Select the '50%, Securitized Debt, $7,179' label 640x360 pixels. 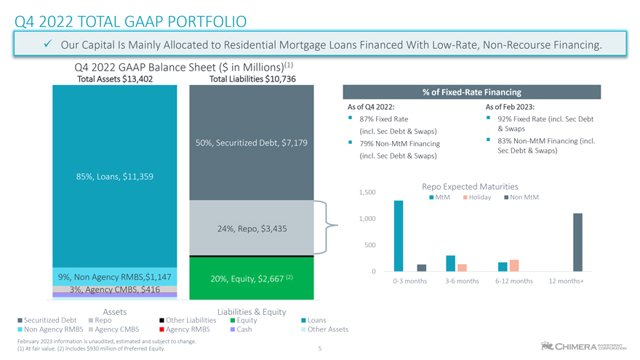point(252,142)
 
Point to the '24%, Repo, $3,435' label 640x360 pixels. point(252,228)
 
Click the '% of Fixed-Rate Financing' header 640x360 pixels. point(471,92)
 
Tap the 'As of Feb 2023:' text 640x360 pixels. point(510,107)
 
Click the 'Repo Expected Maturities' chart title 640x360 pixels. point(470,186)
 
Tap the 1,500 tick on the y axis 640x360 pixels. point(367,192)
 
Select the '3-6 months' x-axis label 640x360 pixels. point(455,281)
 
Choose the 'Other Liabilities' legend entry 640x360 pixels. point(191,320)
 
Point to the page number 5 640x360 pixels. point(319,348)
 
